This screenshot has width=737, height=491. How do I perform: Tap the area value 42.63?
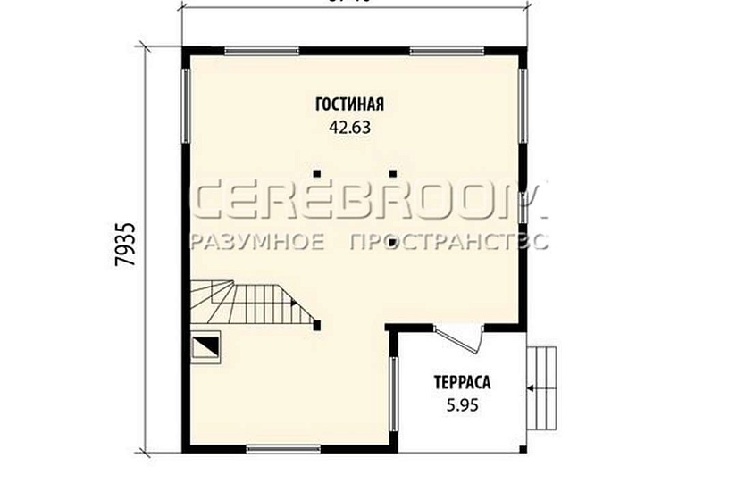349,127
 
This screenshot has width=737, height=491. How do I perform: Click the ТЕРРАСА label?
462,383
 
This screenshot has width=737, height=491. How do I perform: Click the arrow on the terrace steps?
533,387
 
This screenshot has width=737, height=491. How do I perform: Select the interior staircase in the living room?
250,302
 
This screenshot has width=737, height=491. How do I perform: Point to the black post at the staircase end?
318,326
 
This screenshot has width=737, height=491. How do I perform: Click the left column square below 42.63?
315,172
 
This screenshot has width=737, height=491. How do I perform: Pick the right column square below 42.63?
392,172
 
